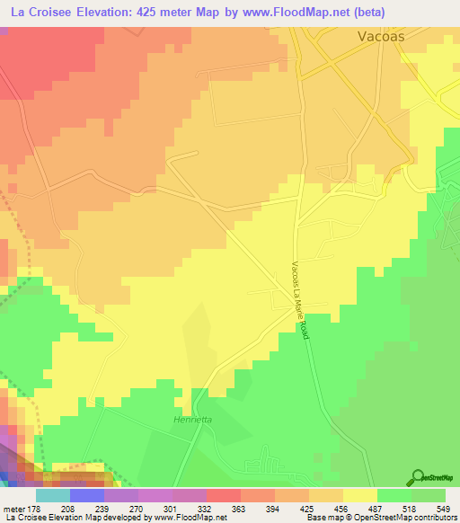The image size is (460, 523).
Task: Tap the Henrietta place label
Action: [190, 420]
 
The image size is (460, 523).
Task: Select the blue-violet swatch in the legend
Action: [87, 495]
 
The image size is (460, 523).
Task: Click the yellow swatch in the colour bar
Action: [360, 495]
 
